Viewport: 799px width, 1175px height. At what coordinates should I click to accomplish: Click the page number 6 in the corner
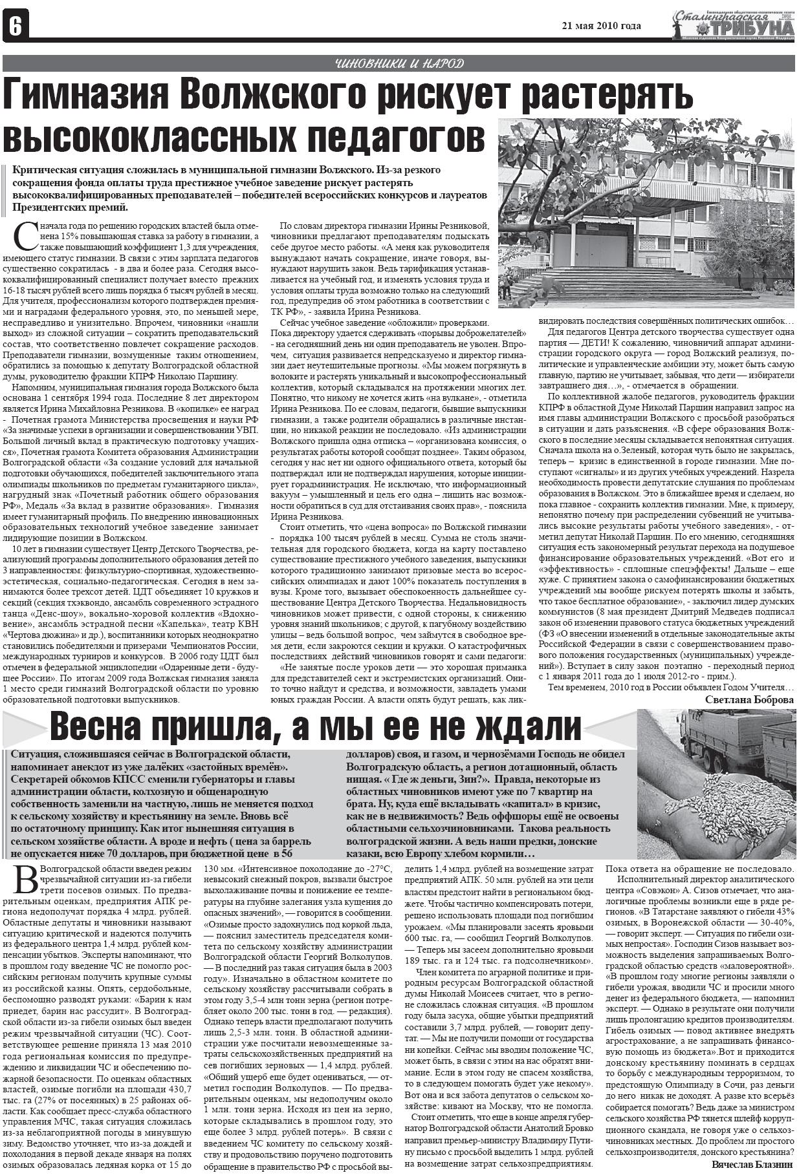[x=15, y=26]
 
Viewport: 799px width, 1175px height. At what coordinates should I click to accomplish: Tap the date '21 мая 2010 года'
[x=601, y=26]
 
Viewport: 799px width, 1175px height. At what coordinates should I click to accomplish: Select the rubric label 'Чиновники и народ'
[x=399, y=63]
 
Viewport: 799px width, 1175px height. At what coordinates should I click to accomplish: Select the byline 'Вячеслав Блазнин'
[x=752, y=1165]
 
